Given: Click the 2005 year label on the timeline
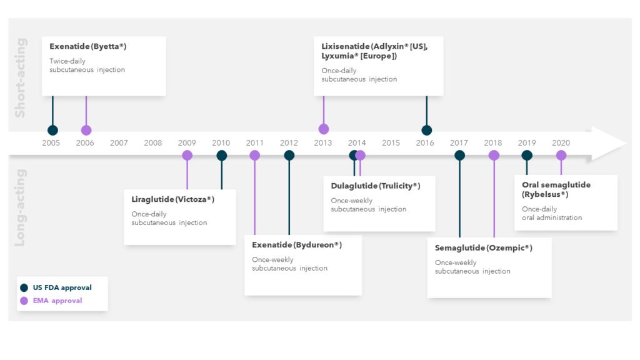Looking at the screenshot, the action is click(51, 143).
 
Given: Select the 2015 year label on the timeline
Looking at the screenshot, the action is click(391, 143).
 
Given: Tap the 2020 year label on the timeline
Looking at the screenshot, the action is click(561, 143).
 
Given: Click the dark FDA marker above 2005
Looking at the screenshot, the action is click(52, 130).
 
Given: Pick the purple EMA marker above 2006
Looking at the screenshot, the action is click(86, 130).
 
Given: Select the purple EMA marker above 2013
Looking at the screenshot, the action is click(324, 129).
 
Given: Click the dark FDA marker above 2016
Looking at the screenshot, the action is click(426, 130).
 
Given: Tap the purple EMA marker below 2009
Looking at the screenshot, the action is click(187, 155).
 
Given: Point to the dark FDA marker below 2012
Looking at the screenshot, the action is click(289, 155).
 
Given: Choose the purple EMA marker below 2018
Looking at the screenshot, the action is click(494, 155).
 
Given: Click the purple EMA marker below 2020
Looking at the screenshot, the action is click(561, 155).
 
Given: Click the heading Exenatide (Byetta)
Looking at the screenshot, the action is click(87, 46).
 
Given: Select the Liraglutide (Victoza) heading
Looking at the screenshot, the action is click(172, 199).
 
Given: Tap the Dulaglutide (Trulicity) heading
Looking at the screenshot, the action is click(376, 186).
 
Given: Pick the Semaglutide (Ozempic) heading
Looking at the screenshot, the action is click(483, 247).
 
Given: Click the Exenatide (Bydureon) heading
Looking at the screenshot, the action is click(297, 245).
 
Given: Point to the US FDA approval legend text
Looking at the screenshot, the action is click(62, 287).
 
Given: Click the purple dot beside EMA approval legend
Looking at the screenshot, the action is click(24, 301).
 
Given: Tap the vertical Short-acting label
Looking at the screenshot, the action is click(20, 77).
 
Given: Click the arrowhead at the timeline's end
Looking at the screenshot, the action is click(608, 143).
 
